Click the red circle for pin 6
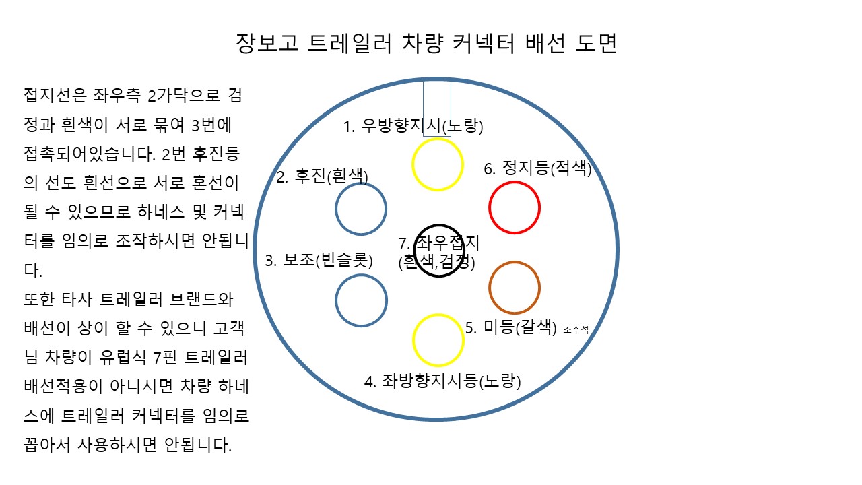(515, 208)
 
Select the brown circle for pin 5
(515, 288)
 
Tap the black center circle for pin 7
(438, 251)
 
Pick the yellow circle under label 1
(438, 164)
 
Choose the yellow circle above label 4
(438, 339)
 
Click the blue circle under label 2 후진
(361, 209)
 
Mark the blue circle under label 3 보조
(361, 300)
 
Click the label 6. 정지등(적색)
(537, 168)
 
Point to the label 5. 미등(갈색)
(512, 328)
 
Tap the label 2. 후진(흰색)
(323, 177)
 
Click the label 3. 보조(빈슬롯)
(319, 261)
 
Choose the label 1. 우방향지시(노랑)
(413, 126)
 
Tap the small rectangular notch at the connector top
(437, 108)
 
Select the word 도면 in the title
(597, 44)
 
